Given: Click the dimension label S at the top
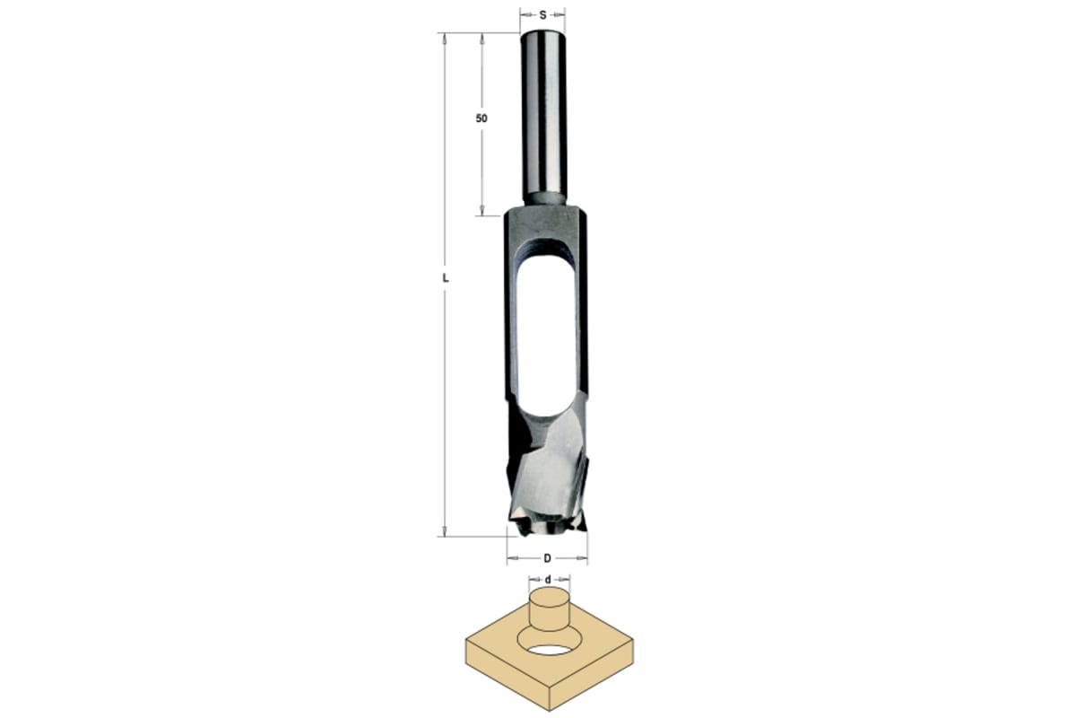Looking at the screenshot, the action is pos(542,15).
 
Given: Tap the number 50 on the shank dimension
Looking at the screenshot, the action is pos(482,118).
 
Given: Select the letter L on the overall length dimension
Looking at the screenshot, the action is pos(446,278).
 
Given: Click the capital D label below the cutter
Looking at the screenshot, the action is pos(547,558).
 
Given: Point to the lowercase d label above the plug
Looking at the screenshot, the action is pos(548,580).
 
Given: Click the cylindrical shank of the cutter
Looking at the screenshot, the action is pos(543,118).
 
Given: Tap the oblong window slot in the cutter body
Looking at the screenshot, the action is pos(547,337).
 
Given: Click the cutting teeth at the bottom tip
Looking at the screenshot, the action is pos(547,525).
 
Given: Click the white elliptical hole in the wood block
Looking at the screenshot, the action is pos(550,651).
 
